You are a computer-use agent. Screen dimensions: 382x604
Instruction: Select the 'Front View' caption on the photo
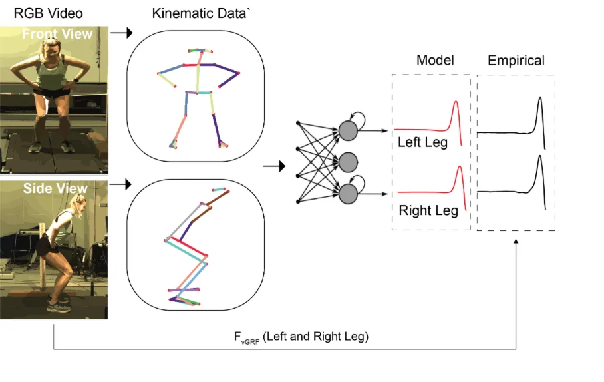click(57, 34)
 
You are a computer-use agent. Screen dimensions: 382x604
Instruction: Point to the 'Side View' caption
click(55, 188)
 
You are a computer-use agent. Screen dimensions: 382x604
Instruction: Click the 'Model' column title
click(435, 60)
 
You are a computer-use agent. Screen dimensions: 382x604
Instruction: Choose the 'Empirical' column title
click(516, 61)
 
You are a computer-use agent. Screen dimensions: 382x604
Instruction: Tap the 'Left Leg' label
click(422, 142)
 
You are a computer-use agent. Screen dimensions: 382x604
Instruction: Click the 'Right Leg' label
click(428, 211)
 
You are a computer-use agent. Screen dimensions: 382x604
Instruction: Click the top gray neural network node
click(349, 130)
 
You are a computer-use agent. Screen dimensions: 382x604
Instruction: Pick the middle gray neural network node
click(349, 162)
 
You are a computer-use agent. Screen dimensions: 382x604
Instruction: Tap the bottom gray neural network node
click(349, 194)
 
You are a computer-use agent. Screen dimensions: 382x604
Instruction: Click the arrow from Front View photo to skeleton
click(121, 32)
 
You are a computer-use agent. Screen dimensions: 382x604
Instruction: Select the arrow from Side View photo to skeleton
click(121, 182)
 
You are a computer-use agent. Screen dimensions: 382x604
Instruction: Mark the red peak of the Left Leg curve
click(456, 102)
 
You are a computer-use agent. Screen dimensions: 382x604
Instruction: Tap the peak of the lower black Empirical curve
click(539, 156)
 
